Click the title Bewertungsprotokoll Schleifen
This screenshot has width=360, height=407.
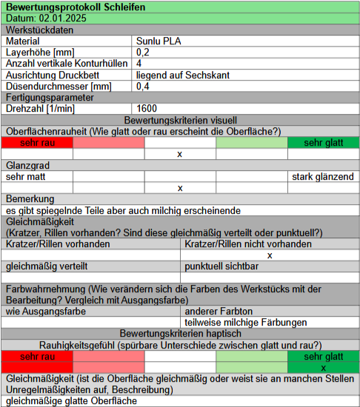point(66,7)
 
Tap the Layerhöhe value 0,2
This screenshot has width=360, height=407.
point(143,53)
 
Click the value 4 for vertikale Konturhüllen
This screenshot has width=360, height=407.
point(139,64)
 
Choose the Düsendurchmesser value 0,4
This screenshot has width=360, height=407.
point(143,86)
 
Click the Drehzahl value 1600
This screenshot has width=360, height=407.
point(147,108)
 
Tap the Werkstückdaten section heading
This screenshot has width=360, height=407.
point(40,30)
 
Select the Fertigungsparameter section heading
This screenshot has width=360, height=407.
point(50,97)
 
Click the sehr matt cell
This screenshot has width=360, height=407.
point(24,177)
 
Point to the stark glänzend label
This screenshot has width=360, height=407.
point(322,177)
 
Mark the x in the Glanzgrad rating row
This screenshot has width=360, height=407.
point(180,188)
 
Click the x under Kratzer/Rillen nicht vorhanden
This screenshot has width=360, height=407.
point(270,255)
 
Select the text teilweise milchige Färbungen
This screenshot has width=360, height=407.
point(245,323)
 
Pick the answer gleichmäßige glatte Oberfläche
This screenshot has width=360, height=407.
point(71,401)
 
